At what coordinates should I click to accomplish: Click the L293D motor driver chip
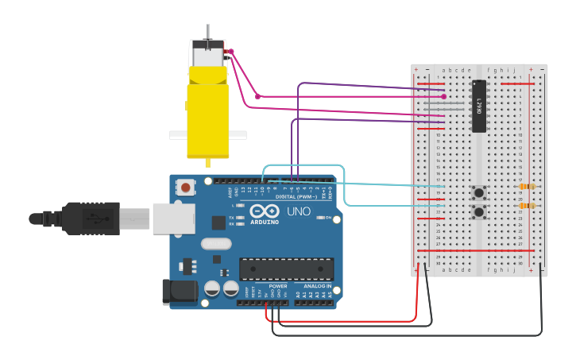478,106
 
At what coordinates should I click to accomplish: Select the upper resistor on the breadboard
526,187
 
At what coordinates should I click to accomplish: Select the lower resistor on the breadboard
526,206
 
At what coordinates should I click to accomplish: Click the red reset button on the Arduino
185,188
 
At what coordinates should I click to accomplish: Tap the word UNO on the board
298,211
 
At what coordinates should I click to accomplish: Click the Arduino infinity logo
265,211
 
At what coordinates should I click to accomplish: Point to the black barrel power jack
180,292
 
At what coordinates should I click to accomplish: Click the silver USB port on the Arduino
173,218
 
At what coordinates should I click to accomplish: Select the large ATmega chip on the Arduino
286,269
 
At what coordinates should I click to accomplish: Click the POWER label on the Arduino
278,286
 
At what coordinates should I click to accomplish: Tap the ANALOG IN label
317,286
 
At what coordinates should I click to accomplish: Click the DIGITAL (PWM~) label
296,196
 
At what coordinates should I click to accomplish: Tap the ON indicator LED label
327,217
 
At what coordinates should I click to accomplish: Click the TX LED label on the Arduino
231,217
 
